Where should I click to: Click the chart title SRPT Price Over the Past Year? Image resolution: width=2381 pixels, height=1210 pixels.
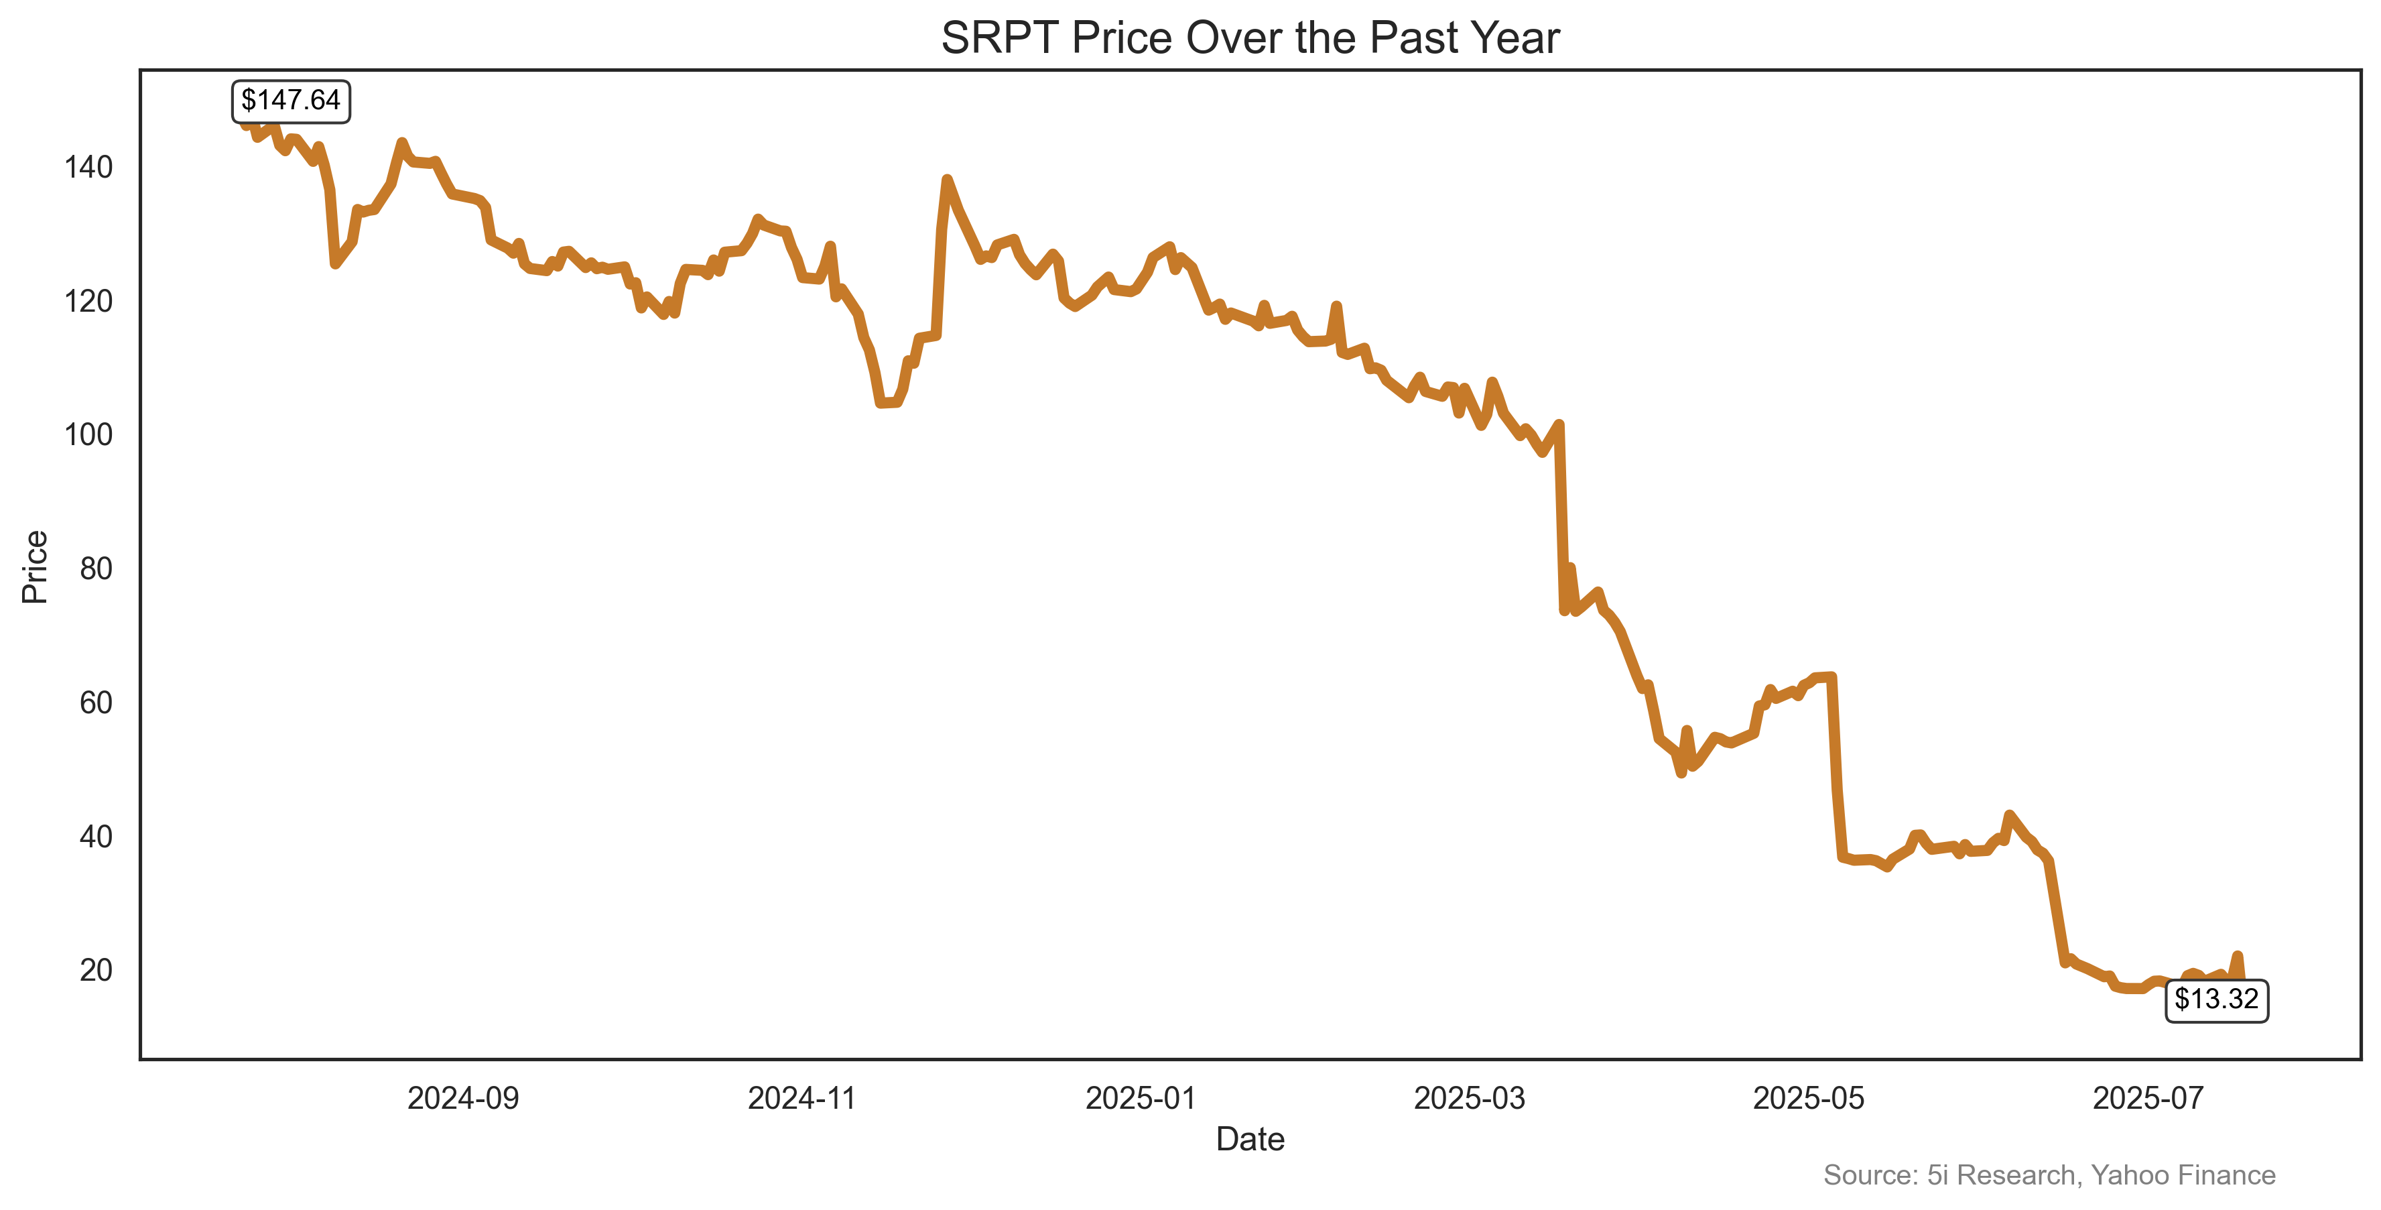point(1250,39)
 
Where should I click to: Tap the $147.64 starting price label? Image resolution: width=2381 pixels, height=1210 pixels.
point(290,100)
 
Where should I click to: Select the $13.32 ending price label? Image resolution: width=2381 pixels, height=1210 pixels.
point(2215,1000)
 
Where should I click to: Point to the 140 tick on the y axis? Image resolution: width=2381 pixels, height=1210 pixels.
point(88,168)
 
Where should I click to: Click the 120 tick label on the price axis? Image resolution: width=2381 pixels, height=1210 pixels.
point(88,302)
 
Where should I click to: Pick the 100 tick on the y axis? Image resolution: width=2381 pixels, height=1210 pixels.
point(88,434)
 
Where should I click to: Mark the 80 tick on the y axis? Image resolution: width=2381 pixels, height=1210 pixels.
point(96,568)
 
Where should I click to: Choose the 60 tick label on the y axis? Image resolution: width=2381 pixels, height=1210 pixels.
point(96,703)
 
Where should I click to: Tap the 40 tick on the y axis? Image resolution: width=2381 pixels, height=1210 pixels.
point(96,837)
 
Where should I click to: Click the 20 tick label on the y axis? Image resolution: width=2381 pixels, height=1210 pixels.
point(96,969)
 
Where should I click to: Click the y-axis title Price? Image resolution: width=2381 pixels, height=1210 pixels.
point(35,566)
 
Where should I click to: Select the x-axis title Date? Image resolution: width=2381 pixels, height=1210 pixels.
point(1250,1139)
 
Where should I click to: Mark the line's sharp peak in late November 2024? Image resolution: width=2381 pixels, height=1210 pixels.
point(946,180)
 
